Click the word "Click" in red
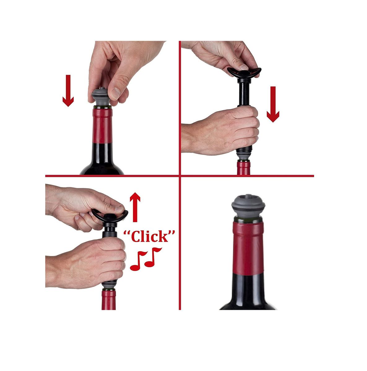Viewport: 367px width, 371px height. point(149,237)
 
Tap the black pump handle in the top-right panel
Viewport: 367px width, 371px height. point(244,72)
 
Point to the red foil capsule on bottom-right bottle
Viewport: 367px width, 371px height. point(248,249)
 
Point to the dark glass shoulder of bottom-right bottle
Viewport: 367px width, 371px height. point(248,297)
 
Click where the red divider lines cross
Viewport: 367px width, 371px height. point(180,176)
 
